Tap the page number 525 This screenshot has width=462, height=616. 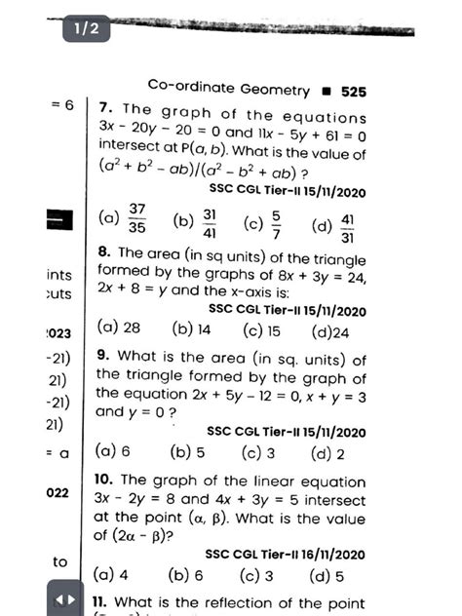[353, 90]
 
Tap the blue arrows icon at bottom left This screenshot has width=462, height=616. [61, 598]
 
